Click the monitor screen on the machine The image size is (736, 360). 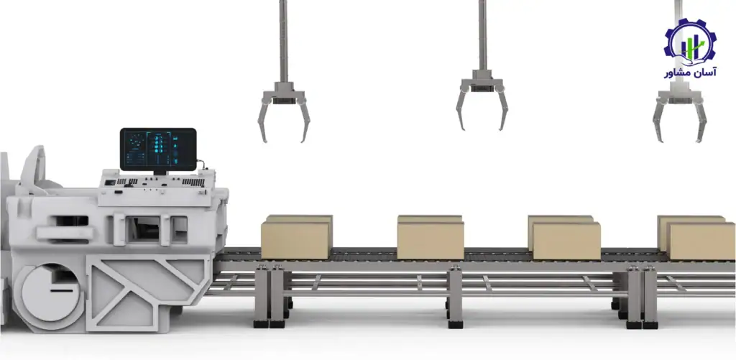pos(158,149)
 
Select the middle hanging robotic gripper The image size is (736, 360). pos(482,100)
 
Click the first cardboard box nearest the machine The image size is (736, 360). pos(297,237)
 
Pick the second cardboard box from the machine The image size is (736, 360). pos(431,237)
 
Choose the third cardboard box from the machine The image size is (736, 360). pos(563,238)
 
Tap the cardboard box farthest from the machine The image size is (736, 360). pos(696,238)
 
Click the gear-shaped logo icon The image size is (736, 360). pos(690,43)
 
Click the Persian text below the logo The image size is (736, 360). pos(690,73)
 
